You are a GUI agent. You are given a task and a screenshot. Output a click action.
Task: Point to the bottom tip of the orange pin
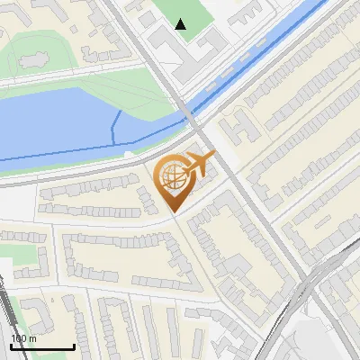172,211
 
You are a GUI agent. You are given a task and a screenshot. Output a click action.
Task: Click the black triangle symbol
181,24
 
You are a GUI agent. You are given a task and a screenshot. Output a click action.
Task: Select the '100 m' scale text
23,338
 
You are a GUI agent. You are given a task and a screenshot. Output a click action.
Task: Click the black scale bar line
42,346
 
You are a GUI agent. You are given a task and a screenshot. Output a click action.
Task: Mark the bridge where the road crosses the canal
190,118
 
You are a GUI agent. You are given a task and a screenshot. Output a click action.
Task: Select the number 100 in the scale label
18,338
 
